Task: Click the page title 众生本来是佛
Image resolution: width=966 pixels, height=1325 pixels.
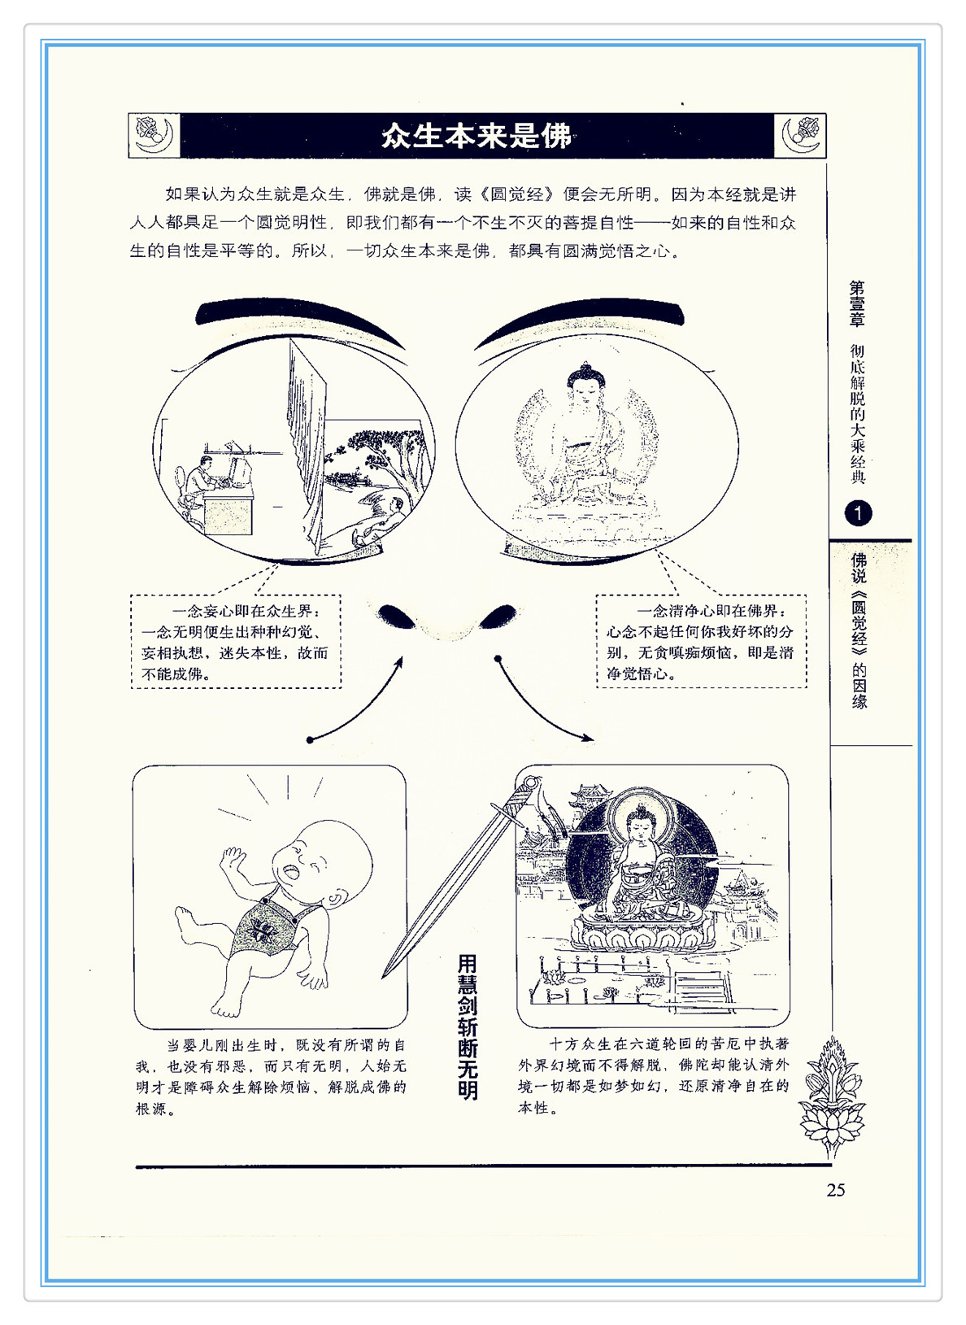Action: tap(476, 136)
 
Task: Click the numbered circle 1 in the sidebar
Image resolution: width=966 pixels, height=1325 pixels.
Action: tap(858, 513)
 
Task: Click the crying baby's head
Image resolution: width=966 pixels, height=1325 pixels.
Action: tap(322, 864)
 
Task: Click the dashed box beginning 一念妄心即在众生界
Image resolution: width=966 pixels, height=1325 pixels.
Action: tap(236, 641)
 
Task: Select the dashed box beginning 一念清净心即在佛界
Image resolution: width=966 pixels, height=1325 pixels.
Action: tap(701, 641)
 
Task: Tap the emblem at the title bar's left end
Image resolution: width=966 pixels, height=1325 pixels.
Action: tap(154, 136)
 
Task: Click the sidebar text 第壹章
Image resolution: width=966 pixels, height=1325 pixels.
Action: tap(857, 304)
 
